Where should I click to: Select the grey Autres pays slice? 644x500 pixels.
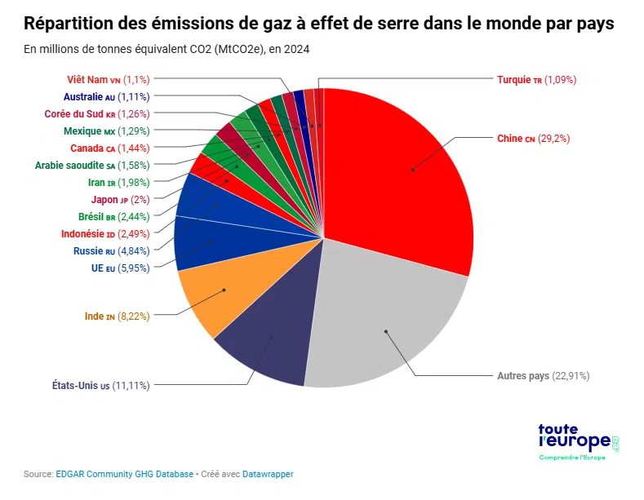pos(384,326)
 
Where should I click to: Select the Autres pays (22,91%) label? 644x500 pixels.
pos(543,376)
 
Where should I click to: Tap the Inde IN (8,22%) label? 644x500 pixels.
pos(117,316)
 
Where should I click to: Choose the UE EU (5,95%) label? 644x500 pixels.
pos(120,268)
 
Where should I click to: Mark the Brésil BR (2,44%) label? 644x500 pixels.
pos(113,216)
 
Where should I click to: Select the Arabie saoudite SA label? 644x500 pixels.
pos(92,165)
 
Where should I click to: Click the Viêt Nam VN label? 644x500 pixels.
pos(109,79)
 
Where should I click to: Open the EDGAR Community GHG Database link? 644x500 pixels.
pos(125,474)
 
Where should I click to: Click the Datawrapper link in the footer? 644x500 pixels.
pos(267,474)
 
